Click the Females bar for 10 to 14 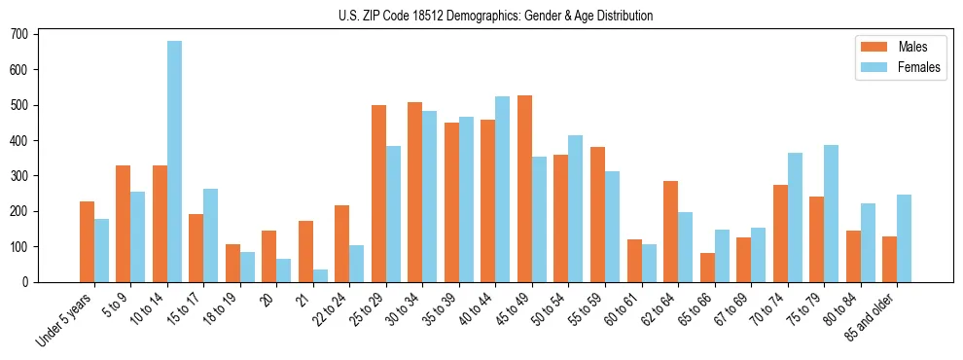pos(174,162)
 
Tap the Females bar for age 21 pos(320,275)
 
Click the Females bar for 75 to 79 pos(831,213)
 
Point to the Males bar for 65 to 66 pos(707,268)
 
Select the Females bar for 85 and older pos(904,238)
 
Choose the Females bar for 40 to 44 pos(503,189)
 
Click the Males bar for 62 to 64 pos(670,232)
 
